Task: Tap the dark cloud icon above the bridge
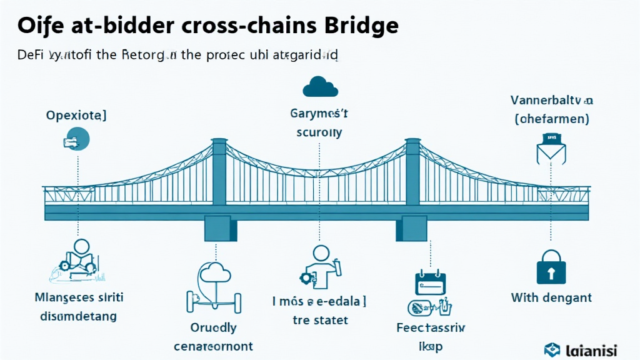tap(319, 86)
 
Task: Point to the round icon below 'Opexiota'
tap(77, 138)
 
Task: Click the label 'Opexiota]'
tap(76, 115)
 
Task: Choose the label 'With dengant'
tap(551, 297)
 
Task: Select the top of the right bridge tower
tap(413, 144)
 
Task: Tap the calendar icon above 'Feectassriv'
tap(431, 282)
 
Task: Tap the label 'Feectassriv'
tap(431, 327)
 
